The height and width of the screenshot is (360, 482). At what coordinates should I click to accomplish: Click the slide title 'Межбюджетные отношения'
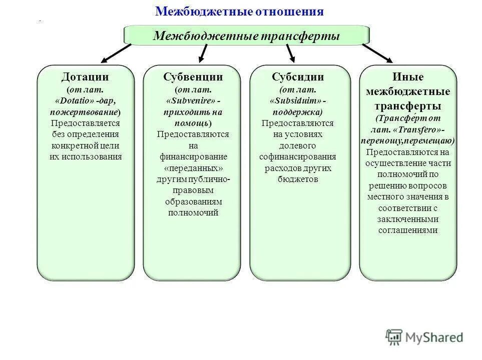pyautogui.click(x=239, y=11)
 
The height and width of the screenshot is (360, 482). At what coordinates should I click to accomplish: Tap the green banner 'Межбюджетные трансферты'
pyautogui.click(x=246, y=35)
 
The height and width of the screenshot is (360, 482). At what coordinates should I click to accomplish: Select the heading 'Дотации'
pyautogui.click(x=85, y=77)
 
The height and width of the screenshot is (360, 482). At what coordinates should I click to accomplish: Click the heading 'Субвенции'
pyautogui.click(x=193, y=77)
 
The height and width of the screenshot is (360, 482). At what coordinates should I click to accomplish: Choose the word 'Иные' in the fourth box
pyautogui.click(x=407, y=77)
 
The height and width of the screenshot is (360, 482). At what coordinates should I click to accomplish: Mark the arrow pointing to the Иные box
pyautogui.click(x=377, y=53)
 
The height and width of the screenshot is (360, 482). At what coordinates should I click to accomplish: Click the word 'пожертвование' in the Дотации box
pyautogui.click(x=84, y=111)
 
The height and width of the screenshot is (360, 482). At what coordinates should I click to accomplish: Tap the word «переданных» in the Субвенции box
pyautogui.click(x=193, y=168)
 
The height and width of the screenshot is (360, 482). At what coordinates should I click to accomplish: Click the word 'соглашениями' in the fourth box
pyautogui.click(x=408, y=230)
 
